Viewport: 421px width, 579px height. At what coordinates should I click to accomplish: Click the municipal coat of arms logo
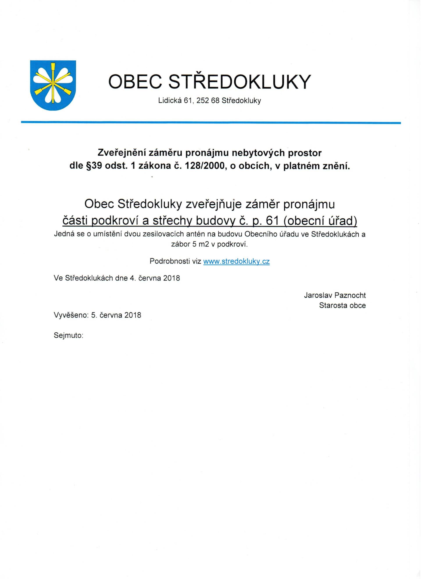pyautogui.click(x=53, y=86)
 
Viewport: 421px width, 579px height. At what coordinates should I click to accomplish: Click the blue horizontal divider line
pyautogui.click(x=211, y=123)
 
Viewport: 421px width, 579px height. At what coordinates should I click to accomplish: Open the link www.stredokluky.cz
pyautogui.click(x=236, y=261)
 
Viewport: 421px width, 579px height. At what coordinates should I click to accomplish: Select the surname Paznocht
pyautogui.click(x=350, y=295)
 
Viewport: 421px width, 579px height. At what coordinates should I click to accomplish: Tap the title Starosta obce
pyautogui.click(x=342, y=305)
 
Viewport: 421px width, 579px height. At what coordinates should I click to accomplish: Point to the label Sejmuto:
pyautogui.click(x=68, y=335)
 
